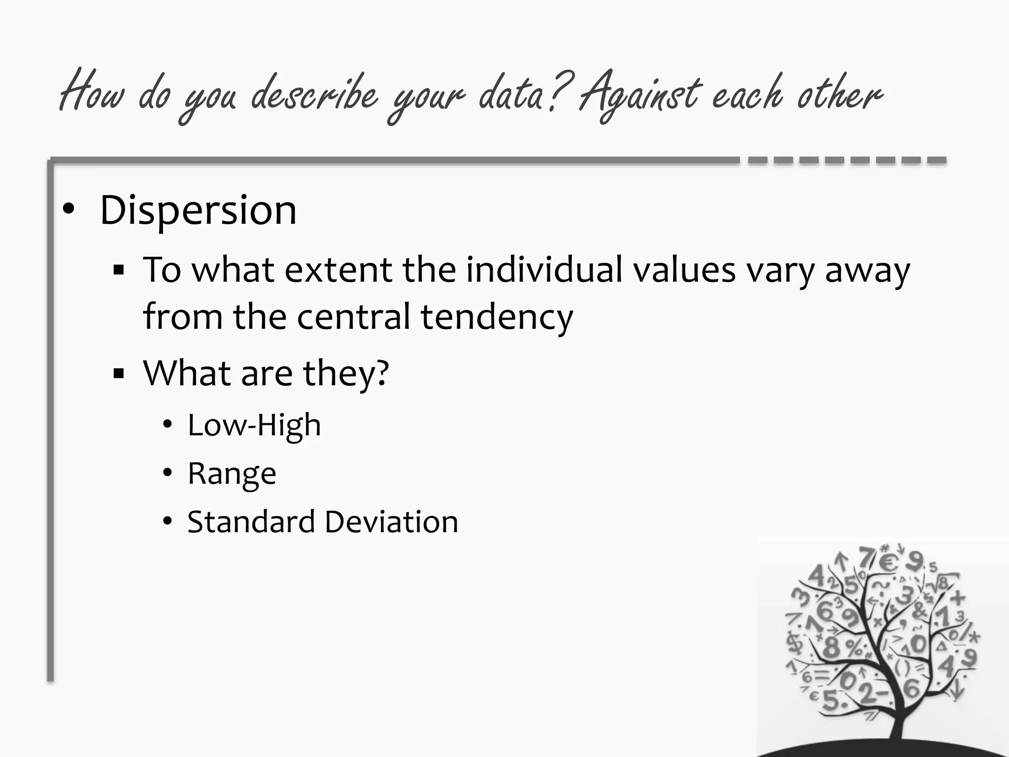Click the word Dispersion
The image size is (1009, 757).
tap(198, 210)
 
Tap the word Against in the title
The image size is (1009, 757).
tap(639, 95)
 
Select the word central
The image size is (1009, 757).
tap(353, 317)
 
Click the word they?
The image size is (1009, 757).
tap(346, 374)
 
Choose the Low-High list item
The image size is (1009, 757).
tap(254, 425)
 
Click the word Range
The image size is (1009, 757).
tap(232, 474)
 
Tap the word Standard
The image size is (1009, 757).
tap(251, 521)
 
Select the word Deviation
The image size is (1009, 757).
tap(391, 521)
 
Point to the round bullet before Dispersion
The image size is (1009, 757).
tap(68, 209)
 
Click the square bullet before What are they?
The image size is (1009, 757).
tap(118, 373)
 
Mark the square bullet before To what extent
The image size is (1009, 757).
tap(118, 270)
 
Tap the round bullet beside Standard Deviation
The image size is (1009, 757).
tap(168, 521)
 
